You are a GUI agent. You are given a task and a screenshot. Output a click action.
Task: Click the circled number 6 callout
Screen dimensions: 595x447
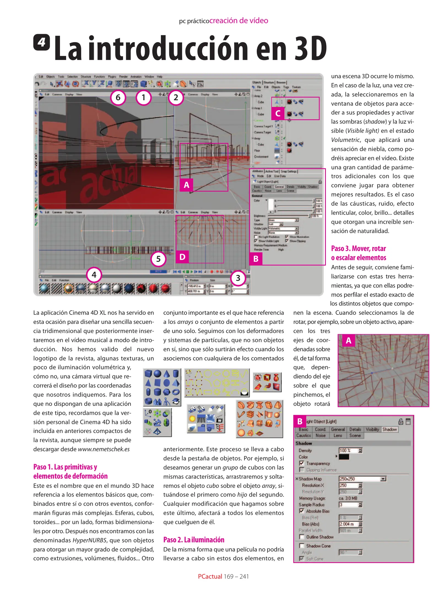[x=118, y=97]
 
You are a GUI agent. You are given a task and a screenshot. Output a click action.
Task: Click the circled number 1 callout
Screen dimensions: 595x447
[x=143, y=97]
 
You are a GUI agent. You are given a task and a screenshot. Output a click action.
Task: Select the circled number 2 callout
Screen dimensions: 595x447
[x=176, y=97]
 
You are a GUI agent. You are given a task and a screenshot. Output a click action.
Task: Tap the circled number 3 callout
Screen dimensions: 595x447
[x=238, y=278]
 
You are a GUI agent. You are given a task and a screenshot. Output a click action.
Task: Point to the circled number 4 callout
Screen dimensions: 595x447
[x=94, y=275]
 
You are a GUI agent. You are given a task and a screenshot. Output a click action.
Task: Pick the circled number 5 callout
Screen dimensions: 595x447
[x=158, y=259]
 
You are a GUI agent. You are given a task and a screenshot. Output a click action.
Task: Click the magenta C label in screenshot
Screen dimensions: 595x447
[x=278, y=113]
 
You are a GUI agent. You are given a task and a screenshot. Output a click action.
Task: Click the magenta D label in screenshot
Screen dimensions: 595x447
[x=182, y=257]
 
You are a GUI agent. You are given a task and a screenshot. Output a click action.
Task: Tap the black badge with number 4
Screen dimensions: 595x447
[x=42, y=42]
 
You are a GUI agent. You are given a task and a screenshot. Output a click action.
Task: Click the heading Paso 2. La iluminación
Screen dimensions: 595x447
[x=194, y=539]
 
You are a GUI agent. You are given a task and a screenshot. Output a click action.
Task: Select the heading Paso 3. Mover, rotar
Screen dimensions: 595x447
[x=358, y=248]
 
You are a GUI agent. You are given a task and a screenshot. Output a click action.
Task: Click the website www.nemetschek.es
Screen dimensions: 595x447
[x=104, y=449]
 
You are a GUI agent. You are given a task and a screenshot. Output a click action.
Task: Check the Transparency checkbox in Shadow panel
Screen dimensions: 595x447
[x=302, y=463]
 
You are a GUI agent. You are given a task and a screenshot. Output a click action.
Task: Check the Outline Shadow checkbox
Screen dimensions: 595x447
[x=302, y=537]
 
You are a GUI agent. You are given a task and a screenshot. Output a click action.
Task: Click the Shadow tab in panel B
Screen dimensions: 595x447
[x=389, y=429]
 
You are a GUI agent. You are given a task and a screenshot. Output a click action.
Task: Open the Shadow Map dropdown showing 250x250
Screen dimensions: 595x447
[x=383, y=479]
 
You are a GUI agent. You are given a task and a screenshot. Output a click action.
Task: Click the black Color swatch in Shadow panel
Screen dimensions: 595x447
[x=344, y=457]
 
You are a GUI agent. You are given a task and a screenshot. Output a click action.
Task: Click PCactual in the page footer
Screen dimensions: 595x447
[x=210, y=576]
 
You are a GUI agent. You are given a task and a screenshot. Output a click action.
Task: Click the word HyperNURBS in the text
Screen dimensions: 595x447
[x=90, y=540]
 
